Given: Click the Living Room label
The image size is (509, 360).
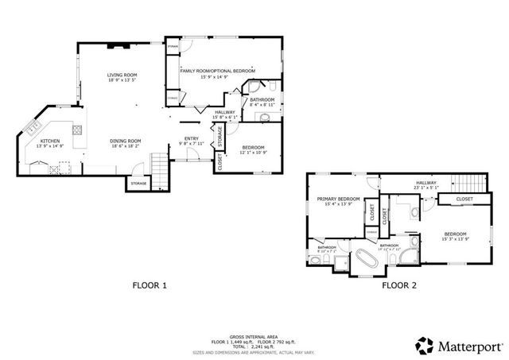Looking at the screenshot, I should [x=122, y=75].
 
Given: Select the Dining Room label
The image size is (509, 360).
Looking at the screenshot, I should [x=126, y=141].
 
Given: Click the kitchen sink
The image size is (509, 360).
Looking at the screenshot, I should [x=33, y=126].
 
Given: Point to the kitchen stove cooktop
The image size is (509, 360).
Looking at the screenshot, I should [x=77, y=130].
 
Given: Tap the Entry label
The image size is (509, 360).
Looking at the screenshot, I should [x=191, y=138].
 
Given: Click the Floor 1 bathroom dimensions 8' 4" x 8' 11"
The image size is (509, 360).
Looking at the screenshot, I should [x=262, y=105].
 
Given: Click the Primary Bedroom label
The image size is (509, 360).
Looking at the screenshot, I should [x=338, y=199].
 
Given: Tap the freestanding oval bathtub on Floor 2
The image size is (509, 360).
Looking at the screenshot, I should [x=367, y=258].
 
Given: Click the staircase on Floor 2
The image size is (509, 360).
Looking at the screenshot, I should [x=460, y=180].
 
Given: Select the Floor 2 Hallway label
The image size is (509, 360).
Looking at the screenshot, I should [x=426, y=183].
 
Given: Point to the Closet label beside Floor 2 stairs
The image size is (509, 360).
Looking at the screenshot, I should [x=464, y=199].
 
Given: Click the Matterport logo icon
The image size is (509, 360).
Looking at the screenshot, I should [x=424, y=345].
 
